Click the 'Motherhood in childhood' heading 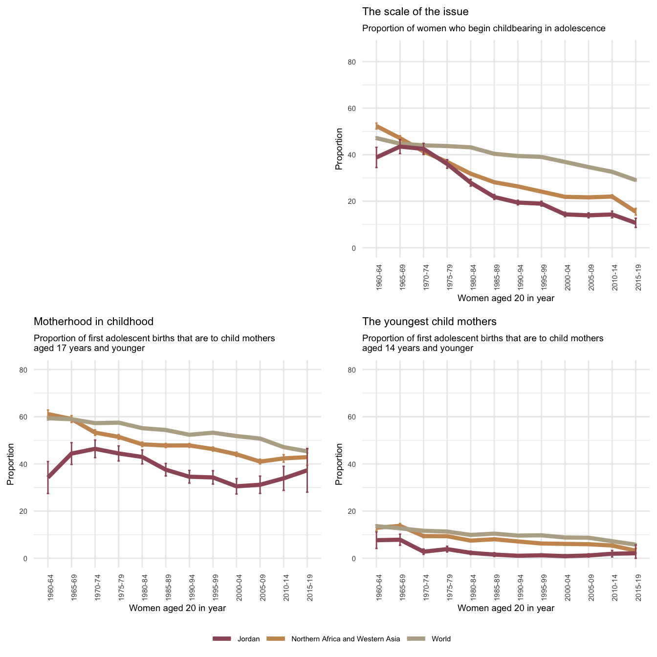pos(93,322)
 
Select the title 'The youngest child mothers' pos(429,322)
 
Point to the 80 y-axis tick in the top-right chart pos(366,62)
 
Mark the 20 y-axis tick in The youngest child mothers pos(366,511)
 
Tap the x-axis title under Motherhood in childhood pos(177,608)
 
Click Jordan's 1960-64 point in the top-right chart pos(376,157)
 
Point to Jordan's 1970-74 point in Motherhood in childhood pos(95,449)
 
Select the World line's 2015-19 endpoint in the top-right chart pos(635,180)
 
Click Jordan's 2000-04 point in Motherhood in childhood pos(237,486)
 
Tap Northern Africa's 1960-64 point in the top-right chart pos(376,126)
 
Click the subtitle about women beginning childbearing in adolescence pos(483,28)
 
